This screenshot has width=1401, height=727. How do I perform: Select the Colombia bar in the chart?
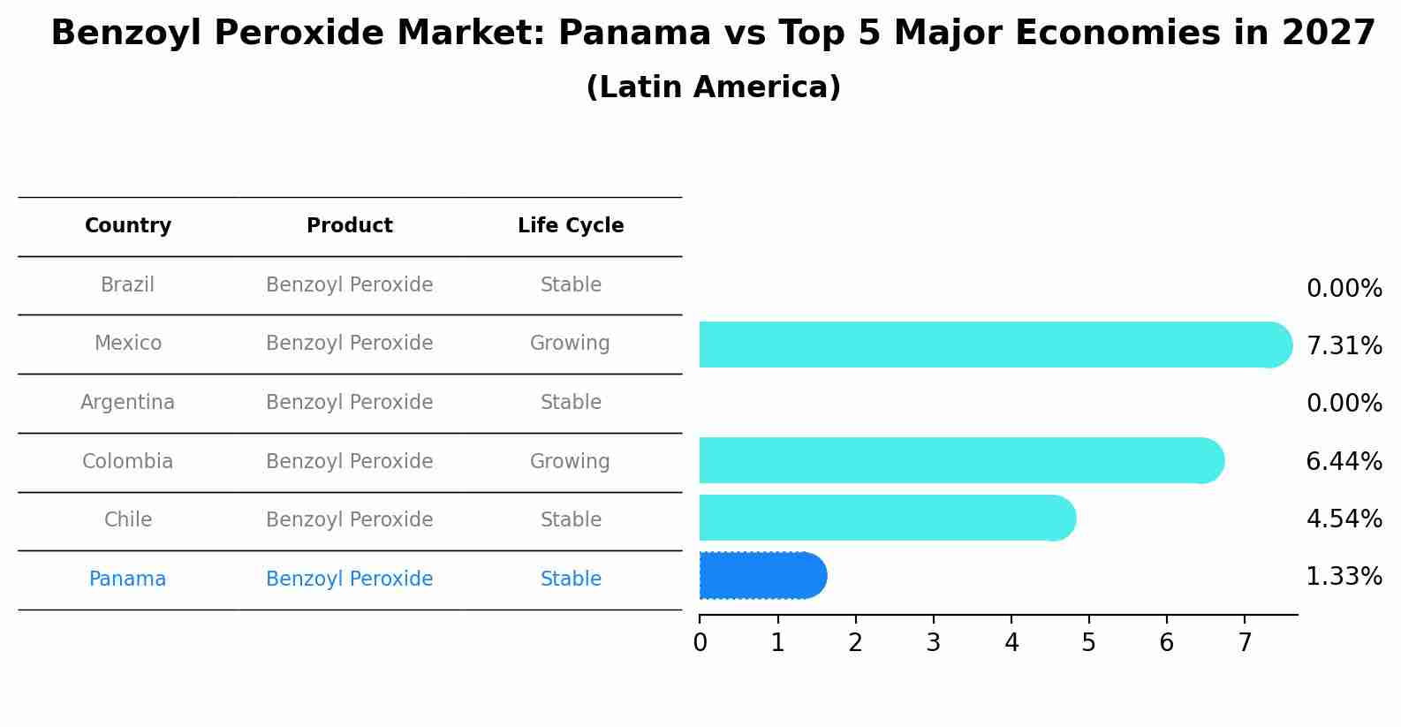958,460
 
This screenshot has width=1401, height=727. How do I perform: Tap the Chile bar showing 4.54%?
883,518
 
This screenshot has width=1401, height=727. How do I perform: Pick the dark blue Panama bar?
760,576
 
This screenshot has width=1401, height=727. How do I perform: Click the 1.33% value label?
1344,577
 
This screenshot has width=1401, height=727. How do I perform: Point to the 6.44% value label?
1344,461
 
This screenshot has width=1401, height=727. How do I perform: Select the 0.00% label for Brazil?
1344,289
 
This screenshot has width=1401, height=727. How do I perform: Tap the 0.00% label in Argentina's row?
1344,404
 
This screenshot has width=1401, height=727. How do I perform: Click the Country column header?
128,226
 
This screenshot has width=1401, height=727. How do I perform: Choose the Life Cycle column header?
571,226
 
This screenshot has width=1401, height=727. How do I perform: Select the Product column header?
350,226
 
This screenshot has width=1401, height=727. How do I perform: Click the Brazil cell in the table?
128,285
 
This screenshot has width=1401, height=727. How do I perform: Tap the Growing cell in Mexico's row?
570,344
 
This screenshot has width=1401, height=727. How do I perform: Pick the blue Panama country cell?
128,579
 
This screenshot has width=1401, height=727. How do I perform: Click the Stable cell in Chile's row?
571,520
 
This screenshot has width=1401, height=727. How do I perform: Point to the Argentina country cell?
128,403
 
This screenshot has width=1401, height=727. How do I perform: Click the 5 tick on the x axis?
1088,643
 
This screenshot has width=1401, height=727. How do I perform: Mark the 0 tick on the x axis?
700,643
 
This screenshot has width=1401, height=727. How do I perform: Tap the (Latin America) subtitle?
713,87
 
